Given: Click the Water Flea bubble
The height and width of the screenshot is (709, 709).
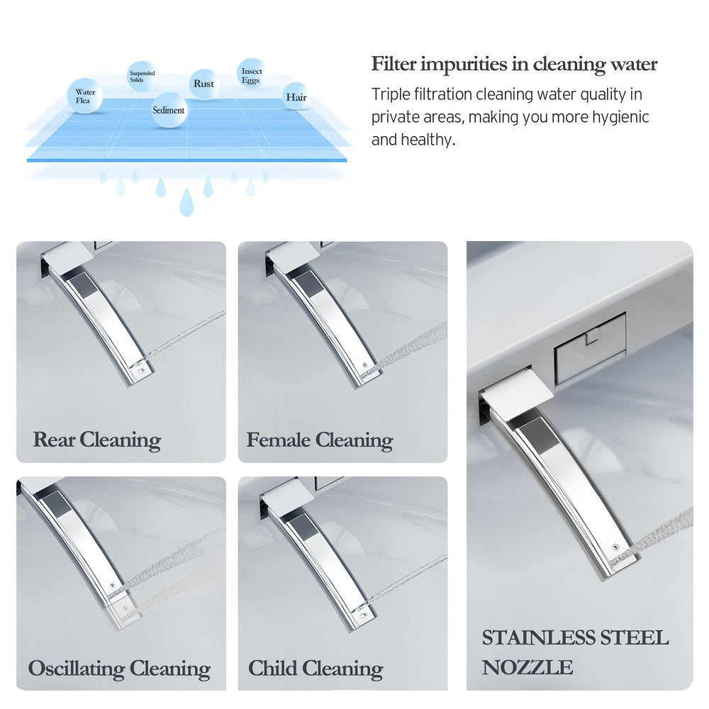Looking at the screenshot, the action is (84, 96).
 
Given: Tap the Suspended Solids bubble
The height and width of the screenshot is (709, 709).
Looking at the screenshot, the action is (141, 76).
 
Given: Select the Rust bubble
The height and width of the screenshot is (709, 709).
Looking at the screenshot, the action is (204, 84).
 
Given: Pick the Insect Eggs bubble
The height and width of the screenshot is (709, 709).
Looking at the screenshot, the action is (252, 74).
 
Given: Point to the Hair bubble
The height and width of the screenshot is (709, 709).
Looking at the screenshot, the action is (296, 96).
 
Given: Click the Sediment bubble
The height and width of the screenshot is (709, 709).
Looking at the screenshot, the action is (169, 110).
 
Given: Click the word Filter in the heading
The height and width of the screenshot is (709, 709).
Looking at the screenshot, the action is (393, 64).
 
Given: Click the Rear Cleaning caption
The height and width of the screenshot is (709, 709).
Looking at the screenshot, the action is (96, 440).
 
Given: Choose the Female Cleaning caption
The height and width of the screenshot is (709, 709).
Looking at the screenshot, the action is (319, 440).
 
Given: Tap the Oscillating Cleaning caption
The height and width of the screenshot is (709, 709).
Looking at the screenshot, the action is (119, 669).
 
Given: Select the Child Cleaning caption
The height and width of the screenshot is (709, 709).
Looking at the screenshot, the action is (316, 669).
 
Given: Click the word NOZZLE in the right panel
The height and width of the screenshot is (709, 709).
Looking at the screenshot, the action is (527, 667).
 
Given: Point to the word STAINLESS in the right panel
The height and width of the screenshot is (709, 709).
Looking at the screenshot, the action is (538, 638).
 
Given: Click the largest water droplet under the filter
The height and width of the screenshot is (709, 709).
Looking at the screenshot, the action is (186, 202).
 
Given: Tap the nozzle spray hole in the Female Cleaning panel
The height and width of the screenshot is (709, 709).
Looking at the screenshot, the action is (365, 365).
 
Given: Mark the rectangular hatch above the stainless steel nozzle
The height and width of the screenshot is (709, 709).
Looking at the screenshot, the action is (590, 349).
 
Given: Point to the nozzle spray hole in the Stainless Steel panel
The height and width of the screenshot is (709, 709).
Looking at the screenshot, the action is (615, 548).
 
